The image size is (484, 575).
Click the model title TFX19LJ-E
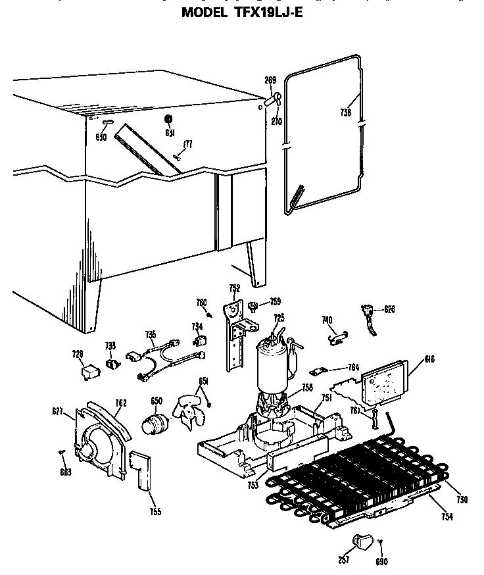(x=241, y=12)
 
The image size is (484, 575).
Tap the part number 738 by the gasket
(x=347, y=113)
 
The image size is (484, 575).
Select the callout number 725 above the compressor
(x=279, y=318)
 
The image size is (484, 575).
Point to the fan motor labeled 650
(x=155, y=425)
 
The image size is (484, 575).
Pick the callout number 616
(x=412, y=359)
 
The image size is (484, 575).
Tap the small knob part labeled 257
(x=362, y=541)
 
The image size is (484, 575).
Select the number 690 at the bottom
(x=382, y=561)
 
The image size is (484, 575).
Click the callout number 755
(x=155, y=511)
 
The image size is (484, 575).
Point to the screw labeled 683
(x=62, y=451)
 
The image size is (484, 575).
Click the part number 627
(x=57, y=413)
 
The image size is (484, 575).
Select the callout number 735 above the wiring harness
(x=151, y=334)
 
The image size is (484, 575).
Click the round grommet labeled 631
(x=168, y=119)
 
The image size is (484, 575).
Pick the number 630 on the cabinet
(x=100, y=137)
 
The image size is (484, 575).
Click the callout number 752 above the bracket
(x=234, y=288)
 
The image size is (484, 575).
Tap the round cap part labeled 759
(x=252, y=305)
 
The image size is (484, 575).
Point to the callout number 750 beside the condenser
(x=462, y=500)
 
